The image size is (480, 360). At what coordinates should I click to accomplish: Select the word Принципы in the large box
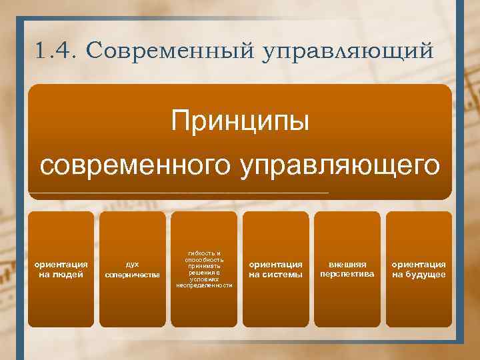coord(240,122)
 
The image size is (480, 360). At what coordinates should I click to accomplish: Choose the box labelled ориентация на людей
coord(61,269)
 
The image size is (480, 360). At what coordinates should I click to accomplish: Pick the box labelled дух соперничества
coord(133,269)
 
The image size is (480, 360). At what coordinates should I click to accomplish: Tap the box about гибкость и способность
coord(204,269)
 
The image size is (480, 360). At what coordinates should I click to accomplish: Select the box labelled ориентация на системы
coord(275,269)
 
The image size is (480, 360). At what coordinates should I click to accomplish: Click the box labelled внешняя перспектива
coord(347,269)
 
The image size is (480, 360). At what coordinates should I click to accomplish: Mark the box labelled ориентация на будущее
coord(419,269)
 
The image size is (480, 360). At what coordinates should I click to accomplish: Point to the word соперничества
coord(133,275)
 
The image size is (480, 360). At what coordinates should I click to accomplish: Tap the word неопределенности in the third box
coord(204,285)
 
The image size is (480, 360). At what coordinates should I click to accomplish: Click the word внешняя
coord(347,264)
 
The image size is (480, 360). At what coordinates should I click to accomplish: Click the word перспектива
coord(347,274)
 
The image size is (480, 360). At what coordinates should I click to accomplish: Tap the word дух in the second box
coord(133,264)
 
